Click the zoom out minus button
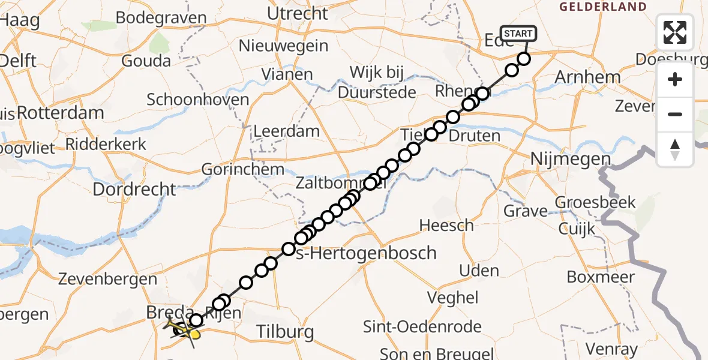(x=675, y=114)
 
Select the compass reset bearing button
(x=675, y=149)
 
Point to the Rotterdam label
(x=61, y=112)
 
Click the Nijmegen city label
(x=571, y=160)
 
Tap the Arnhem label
(x=587, y=77)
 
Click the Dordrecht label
(x=134, y=190)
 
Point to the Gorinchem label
(x=242, y=170)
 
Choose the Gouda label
(x=146, y=61)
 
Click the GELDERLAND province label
(x=603, y=7)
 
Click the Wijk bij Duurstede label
(x=377, y=83)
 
